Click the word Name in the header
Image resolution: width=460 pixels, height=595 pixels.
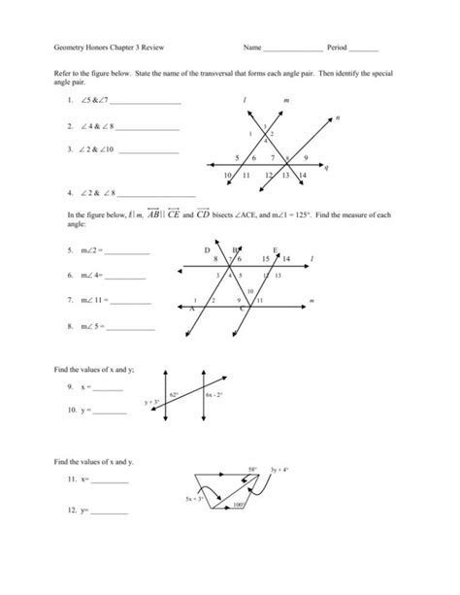(x=253, y=47)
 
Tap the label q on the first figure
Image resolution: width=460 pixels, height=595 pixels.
(x=327, y=166)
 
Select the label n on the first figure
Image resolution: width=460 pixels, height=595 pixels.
(x=335, y=117)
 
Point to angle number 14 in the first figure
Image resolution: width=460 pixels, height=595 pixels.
(x=303, y=175)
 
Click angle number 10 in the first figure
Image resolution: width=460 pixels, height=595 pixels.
(x=228, y=175)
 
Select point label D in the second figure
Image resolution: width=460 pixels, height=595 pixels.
(x=208, y=250)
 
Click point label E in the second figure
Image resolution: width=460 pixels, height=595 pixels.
(x=277, y=250)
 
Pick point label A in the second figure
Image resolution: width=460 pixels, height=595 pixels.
(x=192, y=309)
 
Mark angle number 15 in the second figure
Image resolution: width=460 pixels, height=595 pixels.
(x=266, y=260)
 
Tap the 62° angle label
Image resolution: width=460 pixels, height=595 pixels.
(x=174, y=395)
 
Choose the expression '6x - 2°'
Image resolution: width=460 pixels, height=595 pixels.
(x=215, y=396)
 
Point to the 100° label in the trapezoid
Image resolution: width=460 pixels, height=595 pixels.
(x=238, y=505)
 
